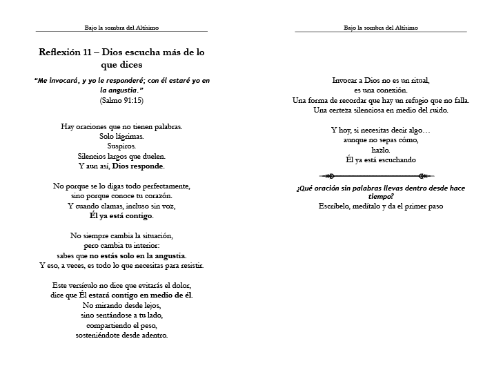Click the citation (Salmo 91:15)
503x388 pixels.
pyautogui.click(x=121, y=99)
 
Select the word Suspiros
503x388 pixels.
pyautogui.click(x=121, y=146)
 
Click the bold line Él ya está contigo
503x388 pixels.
pyautogui.click(x=121, y=215)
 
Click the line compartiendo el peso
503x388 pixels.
pyautogui.click(x=121, y=325)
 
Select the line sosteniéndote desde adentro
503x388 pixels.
pyautogui.click(x=121, y=335)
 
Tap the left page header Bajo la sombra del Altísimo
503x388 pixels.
pyautogui.click(x=121, y=28)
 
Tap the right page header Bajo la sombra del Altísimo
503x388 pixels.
pyautogui.click(x=380, y=28)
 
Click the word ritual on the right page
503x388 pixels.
pyautogui.click(x=417, y=80)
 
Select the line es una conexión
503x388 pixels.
pyautogui.click(x=380, y=90)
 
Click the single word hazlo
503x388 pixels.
pyautogui.click(x=380, y=150)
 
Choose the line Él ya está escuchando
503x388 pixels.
pyautogui.click(x=380, y=159)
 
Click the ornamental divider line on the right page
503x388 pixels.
pyautogui.click(x=380, y=176)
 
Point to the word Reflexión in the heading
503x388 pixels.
pyautogui.click(x=61, y=52)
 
